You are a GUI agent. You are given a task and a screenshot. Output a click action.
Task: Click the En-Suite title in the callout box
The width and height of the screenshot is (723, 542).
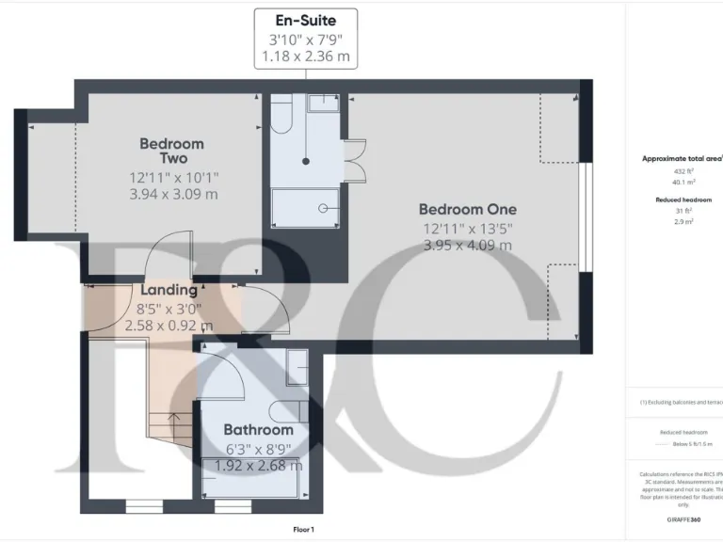[306, 19]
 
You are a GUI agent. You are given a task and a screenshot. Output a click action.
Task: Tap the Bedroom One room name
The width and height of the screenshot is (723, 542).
[467, 209]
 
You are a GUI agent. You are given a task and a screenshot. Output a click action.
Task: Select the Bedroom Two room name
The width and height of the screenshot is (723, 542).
[171, 151]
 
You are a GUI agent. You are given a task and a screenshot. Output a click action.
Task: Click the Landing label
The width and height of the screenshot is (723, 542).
[169, 291]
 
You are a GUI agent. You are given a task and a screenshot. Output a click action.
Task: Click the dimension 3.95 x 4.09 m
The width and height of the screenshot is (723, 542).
[467, 246]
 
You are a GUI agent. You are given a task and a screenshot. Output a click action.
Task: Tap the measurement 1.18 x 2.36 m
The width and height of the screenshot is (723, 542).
[306, 56]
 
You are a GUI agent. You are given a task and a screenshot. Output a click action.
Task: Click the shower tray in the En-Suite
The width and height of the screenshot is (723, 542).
[304, 208]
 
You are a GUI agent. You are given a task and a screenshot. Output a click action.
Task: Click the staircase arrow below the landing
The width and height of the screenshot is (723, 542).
[172, 419]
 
